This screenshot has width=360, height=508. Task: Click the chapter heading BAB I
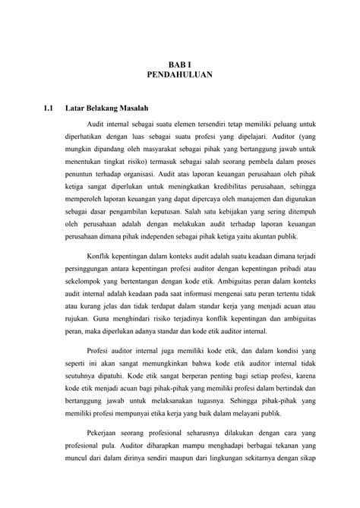(181, 66)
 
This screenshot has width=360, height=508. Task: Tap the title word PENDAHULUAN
(181, 77)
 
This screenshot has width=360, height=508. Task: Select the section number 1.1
(49, 108)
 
